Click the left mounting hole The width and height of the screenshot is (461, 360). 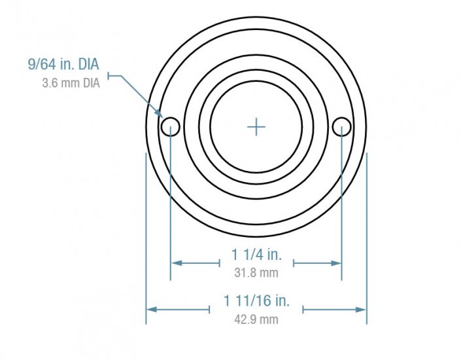[x=170, y=126]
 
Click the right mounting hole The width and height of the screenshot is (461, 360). [x=341, y=126]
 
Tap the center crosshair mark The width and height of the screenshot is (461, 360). [x=256, y=126]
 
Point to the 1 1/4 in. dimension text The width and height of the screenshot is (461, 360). [x=256, y=254]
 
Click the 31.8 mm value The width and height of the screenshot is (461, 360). [x=256, y=272]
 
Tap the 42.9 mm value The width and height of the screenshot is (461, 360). [x=256, y=319]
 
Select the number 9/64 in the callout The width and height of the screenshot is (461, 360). [x=40, y=65]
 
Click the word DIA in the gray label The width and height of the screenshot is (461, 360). [x=90, y=84]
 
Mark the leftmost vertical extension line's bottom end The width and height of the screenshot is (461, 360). [x=145, y=323]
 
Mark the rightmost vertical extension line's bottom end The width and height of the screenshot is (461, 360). [x=367, y=323]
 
